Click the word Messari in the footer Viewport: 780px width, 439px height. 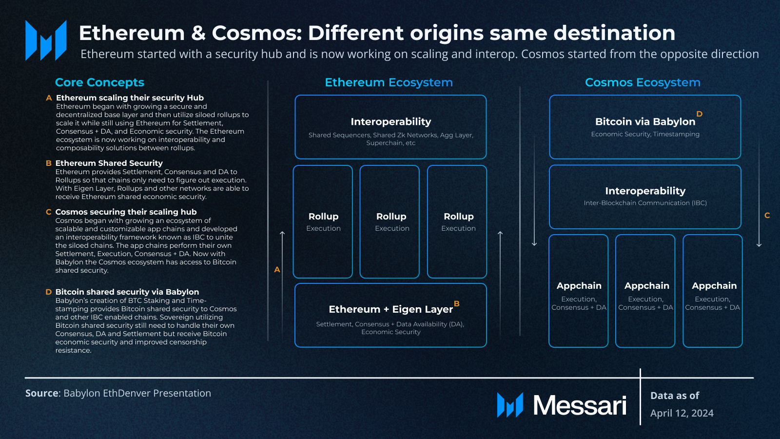tap(579, 405)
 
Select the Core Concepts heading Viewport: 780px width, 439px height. tap(99, 82)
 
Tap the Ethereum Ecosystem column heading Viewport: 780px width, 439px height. tap(389, 82)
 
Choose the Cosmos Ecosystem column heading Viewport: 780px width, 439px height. tap(643, 82)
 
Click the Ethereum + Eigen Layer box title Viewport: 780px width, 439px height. tap(390, 309)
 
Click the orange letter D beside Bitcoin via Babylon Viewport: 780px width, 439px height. tap(699, 114)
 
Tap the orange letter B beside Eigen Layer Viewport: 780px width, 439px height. tap(457, 303)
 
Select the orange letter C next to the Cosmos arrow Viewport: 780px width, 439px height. tap(767, 215)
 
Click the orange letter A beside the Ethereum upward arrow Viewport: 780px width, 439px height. tap(277, 269)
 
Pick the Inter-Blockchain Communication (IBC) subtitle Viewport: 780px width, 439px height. tap(645, 203)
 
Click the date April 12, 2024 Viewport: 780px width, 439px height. tap(682, 413)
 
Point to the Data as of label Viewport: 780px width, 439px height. tap(675, 396)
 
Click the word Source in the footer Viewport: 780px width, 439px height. tap(42, 393)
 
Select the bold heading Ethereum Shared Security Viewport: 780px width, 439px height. tap(109, 163)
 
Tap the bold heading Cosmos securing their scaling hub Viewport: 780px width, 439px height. tap(126, 212)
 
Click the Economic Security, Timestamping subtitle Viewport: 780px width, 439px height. tap(645, 134)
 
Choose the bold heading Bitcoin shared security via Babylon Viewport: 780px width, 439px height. tap(127, 292)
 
